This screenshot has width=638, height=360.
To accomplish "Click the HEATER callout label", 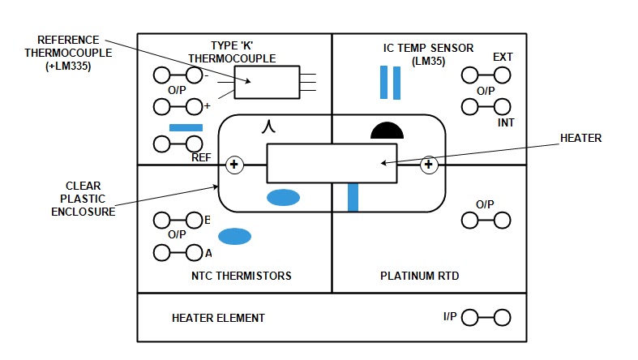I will click(581, 139).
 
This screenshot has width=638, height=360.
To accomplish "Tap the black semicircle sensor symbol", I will click(387, 131).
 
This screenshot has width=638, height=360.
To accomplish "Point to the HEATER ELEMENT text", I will click(218, 318).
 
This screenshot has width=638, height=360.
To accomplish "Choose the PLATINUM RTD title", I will click(419, 276).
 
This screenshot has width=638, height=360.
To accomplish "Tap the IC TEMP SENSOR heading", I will click(428, 48).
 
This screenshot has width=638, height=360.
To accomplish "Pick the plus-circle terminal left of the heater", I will click(234, 165).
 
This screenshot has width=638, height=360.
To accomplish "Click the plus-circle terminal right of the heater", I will click(429, 165).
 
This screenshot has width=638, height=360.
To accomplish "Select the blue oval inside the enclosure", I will click(284, 197).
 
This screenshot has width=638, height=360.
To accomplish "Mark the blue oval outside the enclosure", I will click(235, 236).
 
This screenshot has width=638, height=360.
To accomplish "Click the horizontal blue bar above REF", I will click(186, 127).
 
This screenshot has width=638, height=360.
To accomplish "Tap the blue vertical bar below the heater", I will click(353, 197).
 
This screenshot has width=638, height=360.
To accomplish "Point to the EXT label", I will click(503, 58).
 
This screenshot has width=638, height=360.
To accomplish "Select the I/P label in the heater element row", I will click(450, 316).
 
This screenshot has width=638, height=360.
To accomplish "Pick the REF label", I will click(201, 157).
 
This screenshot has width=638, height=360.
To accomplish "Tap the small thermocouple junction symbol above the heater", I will click(270, 126).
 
